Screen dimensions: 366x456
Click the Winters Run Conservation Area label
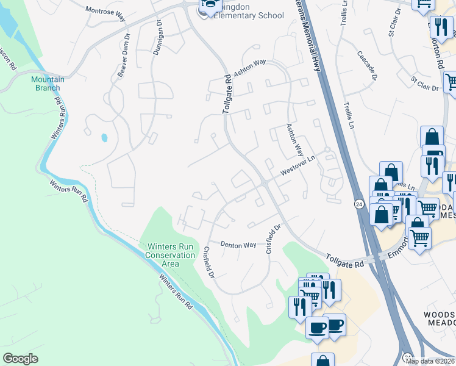170,255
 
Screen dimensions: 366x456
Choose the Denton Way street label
238,244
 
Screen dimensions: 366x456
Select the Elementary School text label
249,16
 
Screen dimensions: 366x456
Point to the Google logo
20,358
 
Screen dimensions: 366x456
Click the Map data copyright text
430,361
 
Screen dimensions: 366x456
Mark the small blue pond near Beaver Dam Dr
105,137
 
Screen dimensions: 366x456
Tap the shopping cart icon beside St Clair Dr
451,82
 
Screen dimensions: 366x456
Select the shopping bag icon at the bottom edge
322,361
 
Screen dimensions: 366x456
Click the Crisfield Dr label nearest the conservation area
208,263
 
